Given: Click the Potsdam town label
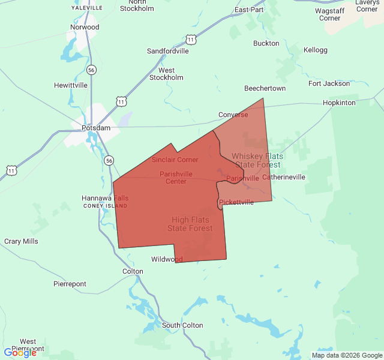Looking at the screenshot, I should click(96, 128).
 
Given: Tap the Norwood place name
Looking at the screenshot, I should click(84, 28).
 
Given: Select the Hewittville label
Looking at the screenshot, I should click(71, 85).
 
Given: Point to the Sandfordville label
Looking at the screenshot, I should click(168, 51).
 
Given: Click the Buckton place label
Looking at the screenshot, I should click(266, 43).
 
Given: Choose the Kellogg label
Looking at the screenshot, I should click(316, 50).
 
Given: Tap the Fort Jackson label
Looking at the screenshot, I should click(329, 83).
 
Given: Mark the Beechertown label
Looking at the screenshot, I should click(265, 88).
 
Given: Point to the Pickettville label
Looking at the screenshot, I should click(236, 202).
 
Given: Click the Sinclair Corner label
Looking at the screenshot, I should click(175, 160).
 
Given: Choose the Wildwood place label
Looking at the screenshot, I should click(167, 259).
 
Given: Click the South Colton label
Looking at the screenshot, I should click(182, 325).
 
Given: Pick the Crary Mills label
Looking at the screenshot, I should click(21, 241).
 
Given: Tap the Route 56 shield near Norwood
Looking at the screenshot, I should click(91, 70).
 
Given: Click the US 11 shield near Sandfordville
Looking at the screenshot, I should click(191, 40).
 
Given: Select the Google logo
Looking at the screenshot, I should click(20, 353).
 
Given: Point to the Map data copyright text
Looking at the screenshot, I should click(346, 355).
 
